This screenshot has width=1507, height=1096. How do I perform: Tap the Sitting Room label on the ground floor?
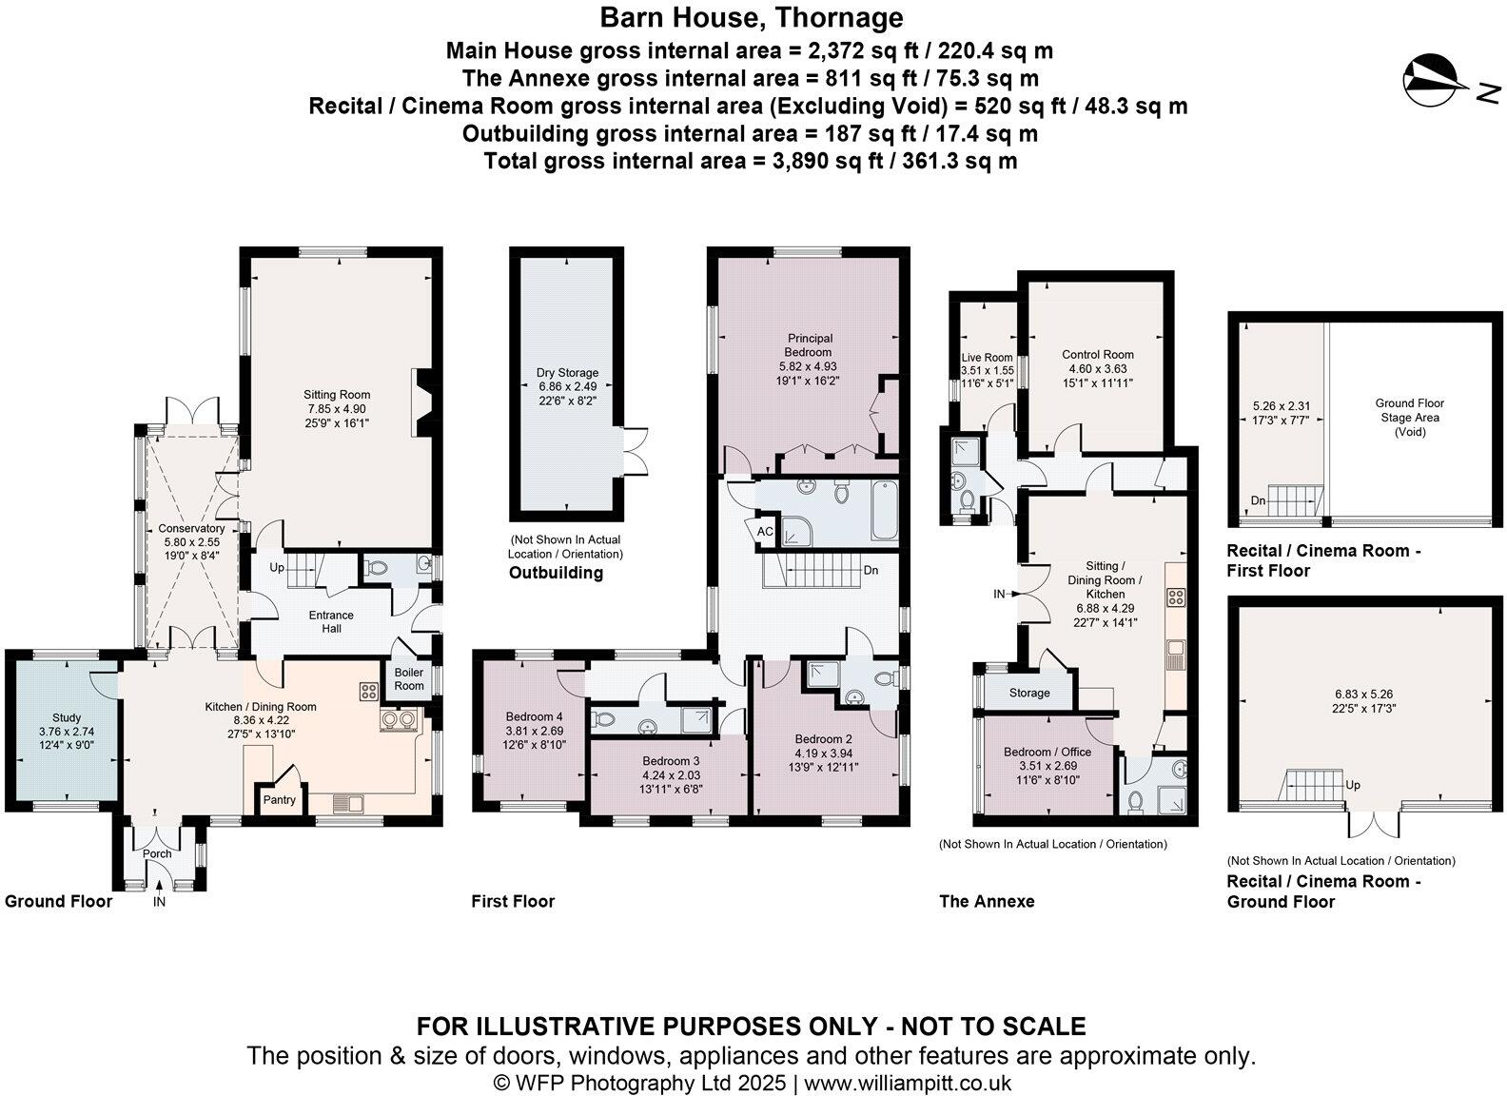click(337, 395)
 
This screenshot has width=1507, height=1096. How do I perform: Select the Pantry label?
click(280, 800)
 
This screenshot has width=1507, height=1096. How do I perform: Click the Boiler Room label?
click(409, 678)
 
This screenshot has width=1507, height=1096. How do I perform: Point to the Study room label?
click(67, 717)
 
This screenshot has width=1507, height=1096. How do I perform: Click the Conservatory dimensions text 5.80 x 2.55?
click(191, 541)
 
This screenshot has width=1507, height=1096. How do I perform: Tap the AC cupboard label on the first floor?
click(766, 532)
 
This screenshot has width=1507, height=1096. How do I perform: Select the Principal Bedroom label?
click(810, 344)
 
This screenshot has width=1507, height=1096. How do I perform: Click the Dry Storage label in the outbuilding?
click(567, 373)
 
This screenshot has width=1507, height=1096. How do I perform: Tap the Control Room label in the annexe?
click(1098, 355)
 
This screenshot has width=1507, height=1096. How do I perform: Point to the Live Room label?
click(987, 358)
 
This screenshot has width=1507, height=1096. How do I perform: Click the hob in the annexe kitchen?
click(1176, 597)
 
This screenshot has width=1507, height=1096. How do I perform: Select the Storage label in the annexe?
click(1029, 693)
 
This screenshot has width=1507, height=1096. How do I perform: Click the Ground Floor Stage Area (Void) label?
click(1410, 417)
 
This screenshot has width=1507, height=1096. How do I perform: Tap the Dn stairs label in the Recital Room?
click(1258, 500)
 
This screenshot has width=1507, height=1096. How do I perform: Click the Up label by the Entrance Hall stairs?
click(277, 567)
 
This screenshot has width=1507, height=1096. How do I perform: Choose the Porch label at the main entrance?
click(157, 853)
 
